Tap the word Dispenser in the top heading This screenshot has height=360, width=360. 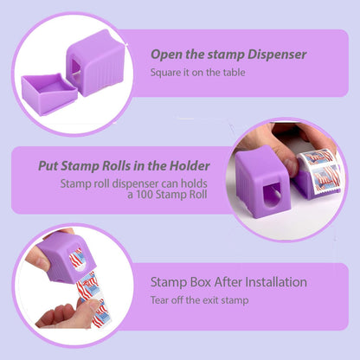click(x=275, y=55)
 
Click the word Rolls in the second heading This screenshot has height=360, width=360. click(x=115, y=165)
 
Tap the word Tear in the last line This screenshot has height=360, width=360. click(x=161, y=300)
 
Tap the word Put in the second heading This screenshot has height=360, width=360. click(x=48, y=165)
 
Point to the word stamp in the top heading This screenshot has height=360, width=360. click(x=221, y=55)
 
